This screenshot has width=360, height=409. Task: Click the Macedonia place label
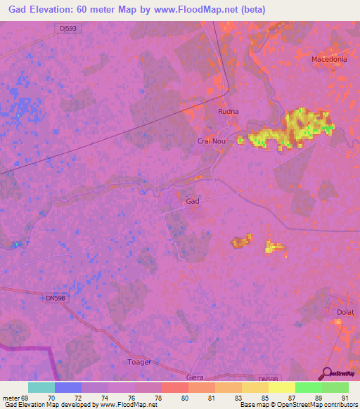[329, 59]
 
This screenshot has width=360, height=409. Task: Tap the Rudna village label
[229, 111]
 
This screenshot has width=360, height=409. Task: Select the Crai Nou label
[211, 141]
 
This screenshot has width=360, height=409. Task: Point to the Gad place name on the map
[193, 202]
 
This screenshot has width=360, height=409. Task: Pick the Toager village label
[139, 363]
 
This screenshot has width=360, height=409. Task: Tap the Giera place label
[195, 377]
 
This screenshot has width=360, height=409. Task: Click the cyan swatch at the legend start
[41, 387]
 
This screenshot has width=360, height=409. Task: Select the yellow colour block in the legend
[281, 387]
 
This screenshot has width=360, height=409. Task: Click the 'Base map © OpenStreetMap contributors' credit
[296, 405]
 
